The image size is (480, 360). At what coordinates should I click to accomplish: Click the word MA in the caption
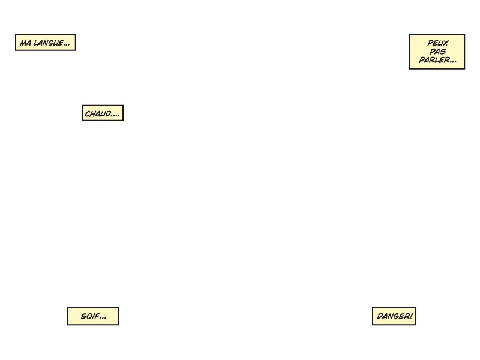tap(25, 43)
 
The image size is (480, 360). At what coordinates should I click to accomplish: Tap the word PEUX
tap(438, 43)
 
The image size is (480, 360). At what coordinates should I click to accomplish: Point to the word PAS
tap(438, 52)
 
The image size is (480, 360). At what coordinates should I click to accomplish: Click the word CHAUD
tap(98, 114)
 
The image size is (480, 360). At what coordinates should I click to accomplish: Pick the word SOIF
tap(89, 316)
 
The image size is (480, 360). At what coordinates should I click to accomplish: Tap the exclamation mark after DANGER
tap(410, 316)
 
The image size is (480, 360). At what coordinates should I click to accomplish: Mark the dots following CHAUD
tap(115, 116)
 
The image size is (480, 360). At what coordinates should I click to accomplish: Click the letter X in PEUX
tap(446, 43)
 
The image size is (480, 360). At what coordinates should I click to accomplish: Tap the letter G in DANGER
tap(394, 316)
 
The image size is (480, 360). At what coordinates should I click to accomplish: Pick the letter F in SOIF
tap(96, 316)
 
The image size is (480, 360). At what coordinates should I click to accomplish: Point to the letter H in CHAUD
tap(93, 114)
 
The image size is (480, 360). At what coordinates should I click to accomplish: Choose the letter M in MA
tap(23, 43)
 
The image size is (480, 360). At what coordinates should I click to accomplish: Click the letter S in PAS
tap(443, 52)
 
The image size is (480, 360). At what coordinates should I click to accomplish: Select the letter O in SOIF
tap(88, 316)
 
